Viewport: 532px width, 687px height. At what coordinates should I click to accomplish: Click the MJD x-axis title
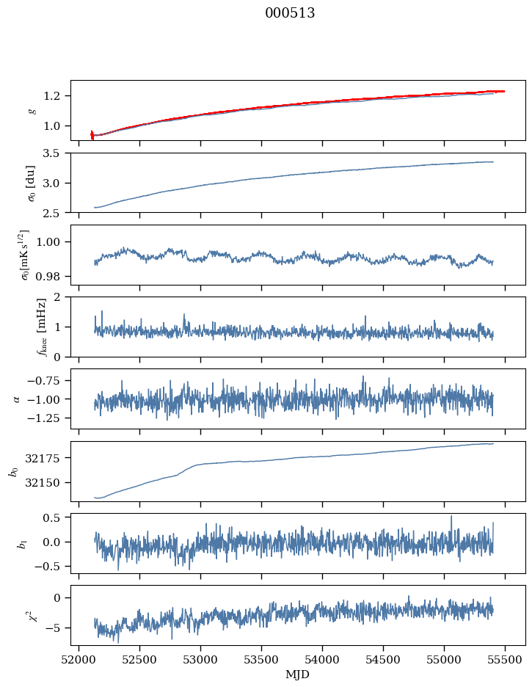pyautogui.click(x=298, y=674)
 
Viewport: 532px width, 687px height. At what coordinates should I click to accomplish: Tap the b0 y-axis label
pyautogui.click(x=13, y=470)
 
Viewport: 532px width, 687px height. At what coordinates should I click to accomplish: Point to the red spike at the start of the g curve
pyautogui.click(x=92, y=134)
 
